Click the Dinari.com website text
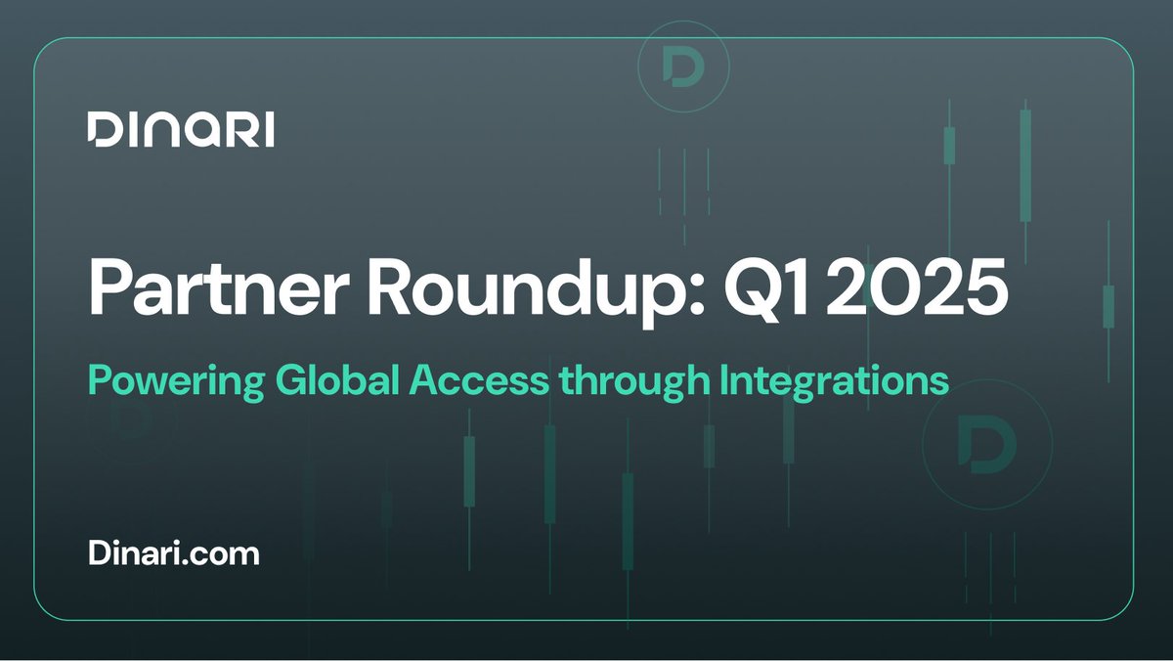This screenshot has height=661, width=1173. point(174,553)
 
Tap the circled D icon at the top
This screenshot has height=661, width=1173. point(683,65)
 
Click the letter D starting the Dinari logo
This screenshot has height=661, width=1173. point(101,130)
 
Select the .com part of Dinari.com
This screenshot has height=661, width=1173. point(231,554)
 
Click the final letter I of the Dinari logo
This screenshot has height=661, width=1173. point(269,130)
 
